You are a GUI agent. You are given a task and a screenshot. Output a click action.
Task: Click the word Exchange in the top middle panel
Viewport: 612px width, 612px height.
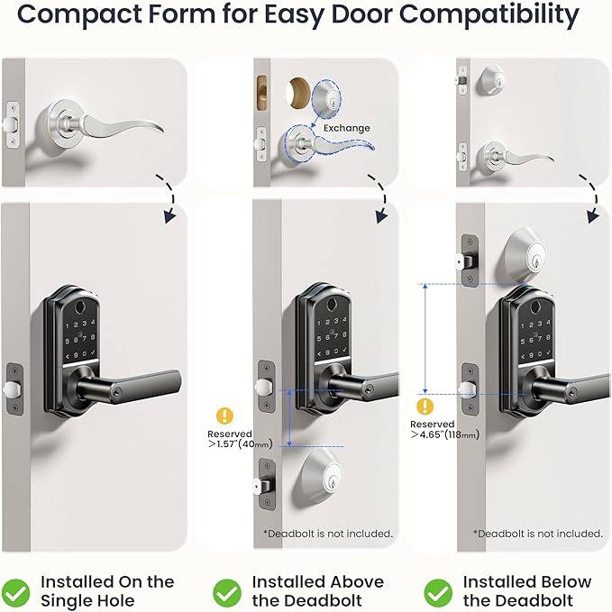(x=346, y=128)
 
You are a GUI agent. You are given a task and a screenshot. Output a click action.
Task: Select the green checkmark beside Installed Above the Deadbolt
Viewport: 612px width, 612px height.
(x=227, y=591)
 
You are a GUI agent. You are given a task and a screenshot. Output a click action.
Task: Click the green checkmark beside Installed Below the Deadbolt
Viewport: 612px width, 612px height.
(x=438, y=591)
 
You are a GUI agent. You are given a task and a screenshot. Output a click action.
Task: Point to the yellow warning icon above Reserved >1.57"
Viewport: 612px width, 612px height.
(x=224, y=416)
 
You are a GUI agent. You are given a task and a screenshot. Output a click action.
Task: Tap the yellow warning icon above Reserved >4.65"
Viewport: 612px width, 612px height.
(x=427, y=405)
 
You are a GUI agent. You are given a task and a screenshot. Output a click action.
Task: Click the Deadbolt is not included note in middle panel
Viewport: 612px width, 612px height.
(x=328, y=534)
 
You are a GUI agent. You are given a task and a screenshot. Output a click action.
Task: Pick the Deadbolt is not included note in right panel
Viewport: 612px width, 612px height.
(x=539, y=534)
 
